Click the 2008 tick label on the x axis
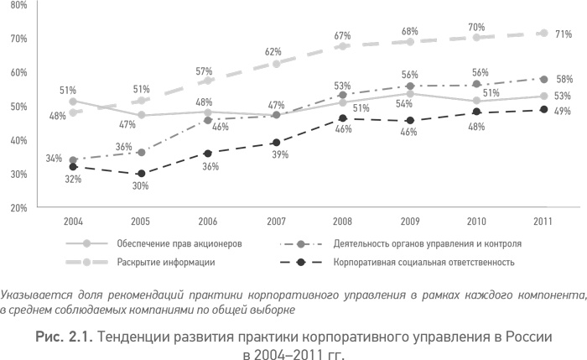coord(342,222)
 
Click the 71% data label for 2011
coord(564,34)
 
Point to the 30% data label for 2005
coord(141,186)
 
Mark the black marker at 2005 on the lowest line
coord(141,174)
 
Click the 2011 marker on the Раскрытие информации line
coord(543,34)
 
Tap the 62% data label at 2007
coord(273,51)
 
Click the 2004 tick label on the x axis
coord(73,222)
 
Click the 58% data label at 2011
coord(564,79)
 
